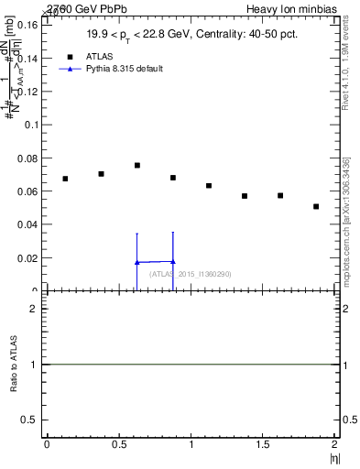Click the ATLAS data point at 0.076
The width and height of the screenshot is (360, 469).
[x=136, y=165]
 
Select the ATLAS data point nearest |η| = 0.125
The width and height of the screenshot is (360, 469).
[x=65, y=179]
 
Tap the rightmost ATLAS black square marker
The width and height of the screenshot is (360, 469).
[x=316, y=206]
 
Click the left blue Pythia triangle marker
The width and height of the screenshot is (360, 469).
[x=136, y=262]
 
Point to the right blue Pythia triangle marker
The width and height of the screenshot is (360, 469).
[x=172, y=261]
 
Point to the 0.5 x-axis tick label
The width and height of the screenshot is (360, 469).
[x=118, y=444]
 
